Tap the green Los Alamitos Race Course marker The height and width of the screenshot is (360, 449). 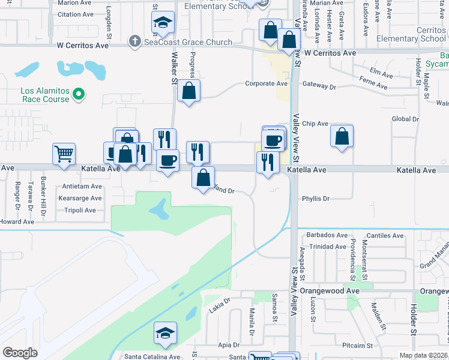(x=78, y=94)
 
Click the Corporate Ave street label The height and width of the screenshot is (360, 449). (x=266, y=84)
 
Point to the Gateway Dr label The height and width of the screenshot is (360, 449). (x=319, y=86)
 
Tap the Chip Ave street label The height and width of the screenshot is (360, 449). (x=315, y=124)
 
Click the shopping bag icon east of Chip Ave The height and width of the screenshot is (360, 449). (x=342, y=136)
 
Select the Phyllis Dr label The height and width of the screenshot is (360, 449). (x=316, y=199)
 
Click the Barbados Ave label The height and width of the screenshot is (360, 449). (x=327, y=235)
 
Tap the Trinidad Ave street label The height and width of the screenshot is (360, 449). (x=328, y=247)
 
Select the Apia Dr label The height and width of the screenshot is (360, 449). (x=229, y=345)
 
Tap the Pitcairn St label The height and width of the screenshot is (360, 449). (x=358, y=346)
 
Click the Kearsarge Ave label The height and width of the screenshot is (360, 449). (x=80, y=198)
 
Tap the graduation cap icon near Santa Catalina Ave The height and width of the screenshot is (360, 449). (x=165, y=333)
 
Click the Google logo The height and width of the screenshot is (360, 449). (x=20, y=353)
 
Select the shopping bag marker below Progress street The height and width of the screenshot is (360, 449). (x=188, y=91)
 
